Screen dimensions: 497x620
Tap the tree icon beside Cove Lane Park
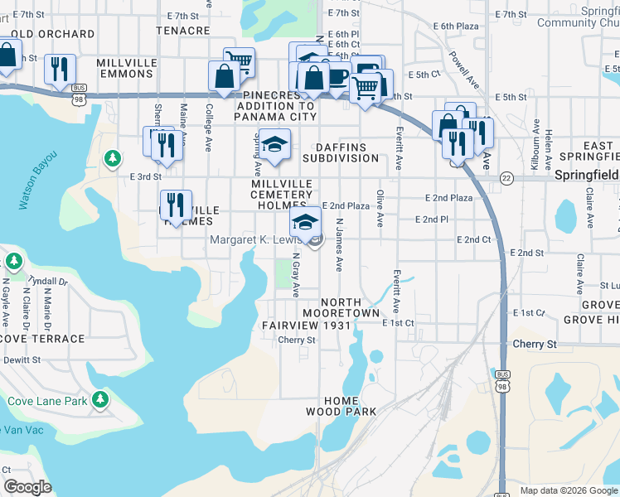click(100, 401)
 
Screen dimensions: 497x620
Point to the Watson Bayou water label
click(36, 180)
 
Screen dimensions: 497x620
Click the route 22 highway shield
click(506, 178)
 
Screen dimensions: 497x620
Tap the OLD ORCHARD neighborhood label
click(53, 34)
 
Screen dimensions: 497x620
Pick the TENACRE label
click(183, 31)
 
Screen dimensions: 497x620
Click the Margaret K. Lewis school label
click(259, 240)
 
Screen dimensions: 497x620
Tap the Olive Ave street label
click(380, 209)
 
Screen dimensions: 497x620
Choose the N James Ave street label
click(338, 245)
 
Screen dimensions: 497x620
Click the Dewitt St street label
click(22, 359)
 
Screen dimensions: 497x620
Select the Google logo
click(27, 487)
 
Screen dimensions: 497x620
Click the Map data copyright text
click(568, 490)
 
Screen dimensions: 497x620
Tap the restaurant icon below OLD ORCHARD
click(59, 70)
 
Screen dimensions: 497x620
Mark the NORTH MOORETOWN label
click(341, 307)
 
